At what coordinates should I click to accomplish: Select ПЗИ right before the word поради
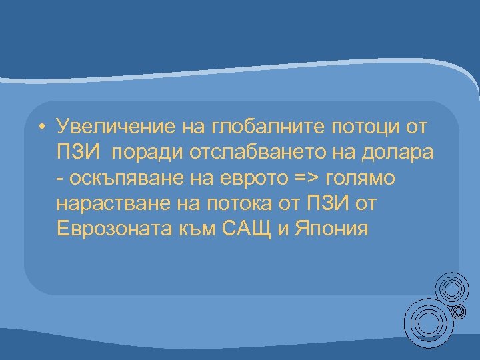click(x=79, y=153)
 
